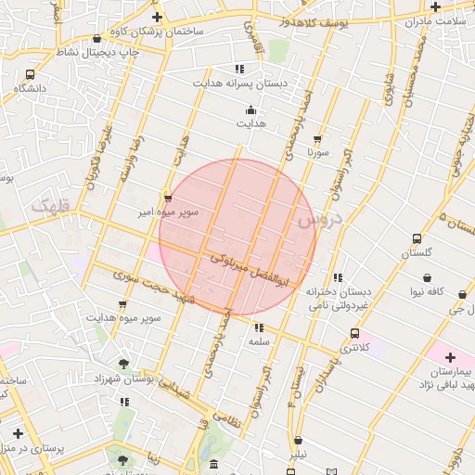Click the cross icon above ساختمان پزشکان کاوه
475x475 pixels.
coord(157,17)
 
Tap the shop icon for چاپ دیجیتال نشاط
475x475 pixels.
coord(97,39)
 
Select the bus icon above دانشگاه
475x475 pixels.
coord(31,74)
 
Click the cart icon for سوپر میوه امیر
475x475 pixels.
coord(167,199)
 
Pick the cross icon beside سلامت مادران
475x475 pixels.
coord(435,7)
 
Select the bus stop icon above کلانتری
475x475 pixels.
coord(353,332)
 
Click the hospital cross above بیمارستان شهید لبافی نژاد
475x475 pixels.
coord(451,357)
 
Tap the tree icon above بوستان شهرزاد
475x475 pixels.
coord(124,363)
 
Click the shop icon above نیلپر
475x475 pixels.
coord(298,441)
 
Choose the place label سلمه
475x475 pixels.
coord(258,341)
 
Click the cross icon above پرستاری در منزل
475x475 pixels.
coord(18,433)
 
